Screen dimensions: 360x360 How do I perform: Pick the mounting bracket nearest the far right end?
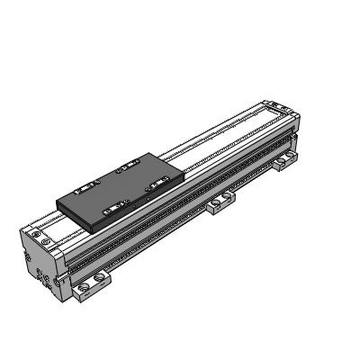tap(287, 160)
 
